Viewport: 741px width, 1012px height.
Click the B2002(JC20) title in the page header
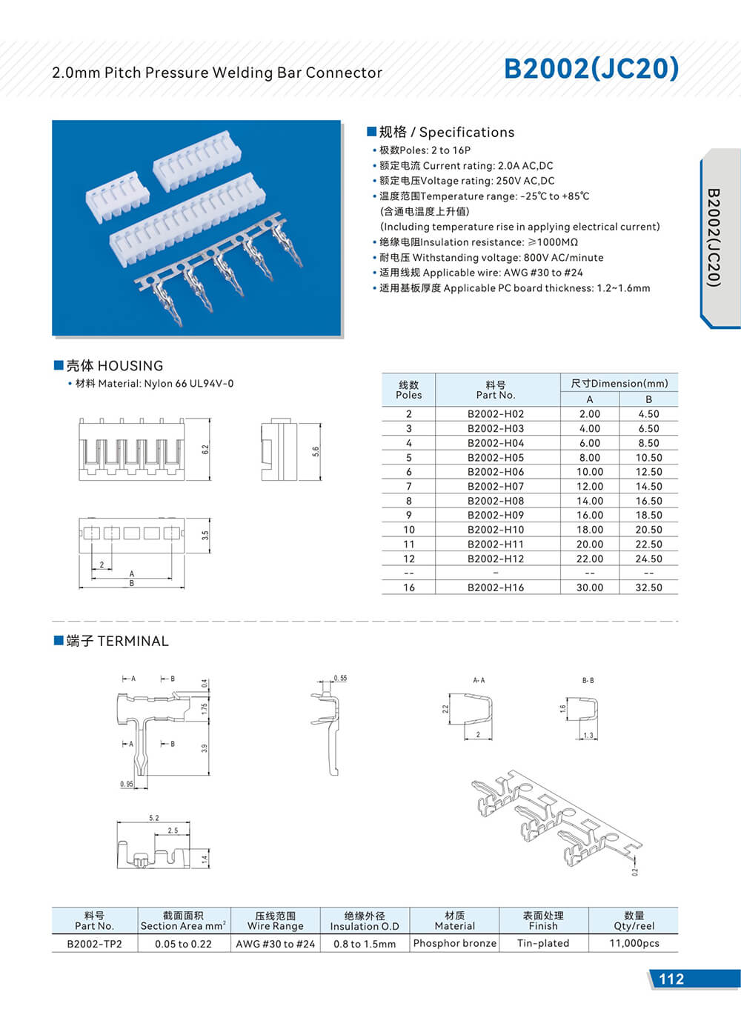pyautogui.click(x=591, y=68)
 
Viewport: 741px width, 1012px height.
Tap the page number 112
pyautogui.click(x=671, y=979)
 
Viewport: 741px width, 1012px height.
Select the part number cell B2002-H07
pyautogui.click(x=495, y=487)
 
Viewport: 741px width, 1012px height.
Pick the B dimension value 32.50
pyautogui.click(x=648, y=587)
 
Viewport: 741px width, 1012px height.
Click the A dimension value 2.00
pyautogui.click(x=590, y=414)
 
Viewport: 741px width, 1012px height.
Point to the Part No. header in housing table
pyautogui.click(x=495, y=390)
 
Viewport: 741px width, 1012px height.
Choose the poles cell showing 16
pyautogui.click(x=408, y=587)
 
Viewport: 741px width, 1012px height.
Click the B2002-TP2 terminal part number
pyautogui.click(x=94, y=944)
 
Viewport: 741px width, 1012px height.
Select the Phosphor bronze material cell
pyautogui.click(x=454, y=943)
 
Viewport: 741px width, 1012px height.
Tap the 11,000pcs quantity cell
pyautogui.click(x=634, y=943)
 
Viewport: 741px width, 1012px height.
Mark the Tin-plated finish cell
pyautogui.click(x=543, y=943)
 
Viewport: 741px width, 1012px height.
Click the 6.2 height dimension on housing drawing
pyautogui.click(x=205, y=449)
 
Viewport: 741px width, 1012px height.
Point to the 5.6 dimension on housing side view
pyautogui.click(x=316, y=450)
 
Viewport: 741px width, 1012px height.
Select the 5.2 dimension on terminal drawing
pyautogui.click(x=153, y=818)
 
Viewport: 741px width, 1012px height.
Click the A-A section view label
pyautogui.click(x=479, y=680)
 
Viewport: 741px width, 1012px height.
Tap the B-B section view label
pyautogui.click(x=588, y=680)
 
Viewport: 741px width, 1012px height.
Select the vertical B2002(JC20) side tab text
pyautogui.click(x=714, y=237)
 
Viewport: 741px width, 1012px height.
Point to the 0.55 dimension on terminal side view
pyautogui.click(x=340, y=678)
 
